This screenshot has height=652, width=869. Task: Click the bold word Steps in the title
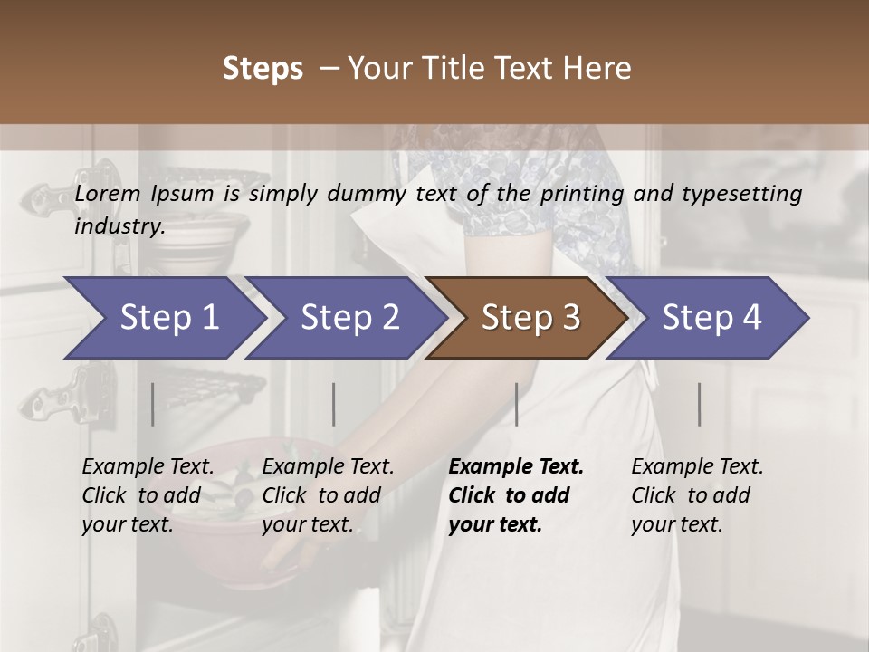(x=263, y=69)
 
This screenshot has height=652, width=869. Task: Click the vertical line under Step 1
(x=153, y=404)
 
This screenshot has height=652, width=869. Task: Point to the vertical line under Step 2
(x=334, y=404)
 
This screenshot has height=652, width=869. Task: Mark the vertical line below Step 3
(x=516, y=404)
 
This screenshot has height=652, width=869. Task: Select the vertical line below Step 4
(x=699, y=404)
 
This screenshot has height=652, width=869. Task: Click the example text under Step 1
(x=148, y=495)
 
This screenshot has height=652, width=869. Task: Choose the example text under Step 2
(x=328, y=495)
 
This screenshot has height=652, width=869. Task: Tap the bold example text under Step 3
(x=516, y=495)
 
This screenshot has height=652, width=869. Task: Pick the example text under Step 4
(x=697, y=495)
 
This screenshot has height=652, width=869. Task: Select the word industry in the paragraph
(x=119, y=226)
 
